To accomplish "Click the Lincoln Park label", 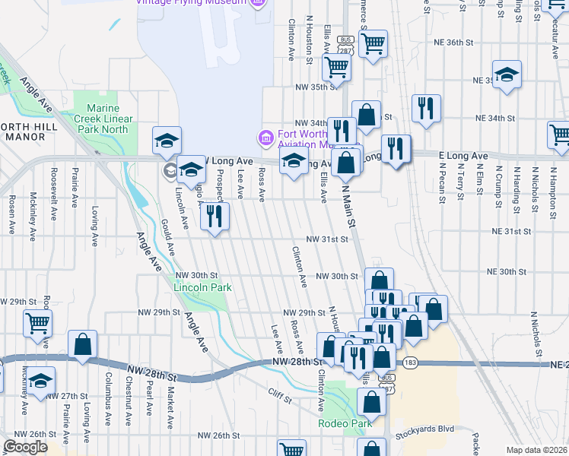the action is pos(202,288).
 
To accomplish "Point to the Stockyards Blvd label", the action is pos(424,429).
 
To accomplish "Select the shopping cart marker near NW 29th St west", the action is pos(37,324).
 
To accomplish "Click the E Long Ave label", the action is pos(463,156).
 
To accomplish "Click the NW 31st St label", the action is pos(326,239).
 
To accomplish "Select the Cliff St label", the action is pos(280,393).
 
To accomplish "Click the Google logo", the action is pos(25,447).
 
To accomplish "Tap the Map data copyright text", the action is pos(536,450).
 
